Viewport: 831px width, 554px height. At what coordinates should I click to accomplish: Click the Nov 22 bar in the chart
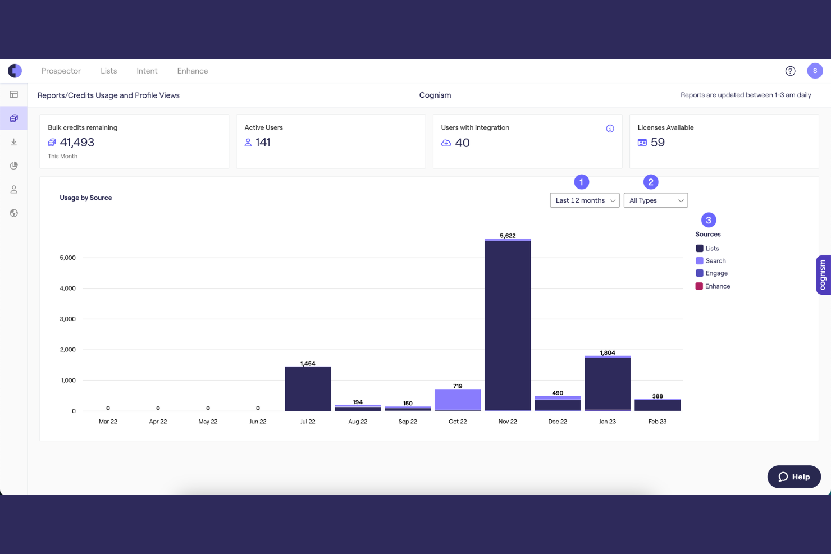[x=508, y=325]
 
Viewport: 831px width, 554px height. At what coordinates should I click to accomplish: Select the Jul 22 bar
[x=308, y=388]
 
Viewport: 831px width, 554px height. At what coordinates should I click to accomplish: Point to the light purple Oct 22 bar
[x=458, y=400]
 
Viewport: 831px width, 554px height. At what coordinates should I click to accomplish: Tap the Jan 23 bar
[x=608, y=383]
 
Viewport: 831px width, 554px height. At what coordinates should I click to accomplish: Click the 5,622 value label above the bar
[x=508, y=236]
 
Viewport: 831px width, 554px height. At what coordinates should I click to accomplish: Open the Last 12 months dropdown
[x=585, y=200]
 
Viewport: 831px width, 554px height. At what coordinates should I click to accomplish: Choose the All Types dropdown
[x=655, y=200]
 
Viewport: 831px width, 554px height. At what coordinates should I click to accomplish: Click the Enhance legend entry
[x=713, y=286]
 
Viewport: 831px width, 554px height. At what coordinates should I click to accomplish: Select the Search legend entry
[x=711, y=260]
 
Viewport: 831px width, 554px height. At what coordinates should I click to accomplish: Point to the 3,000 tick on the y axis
[x=67, y=319]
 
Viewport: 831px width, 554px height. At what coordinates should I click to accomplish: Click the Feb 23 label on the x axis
[x=658, y=421]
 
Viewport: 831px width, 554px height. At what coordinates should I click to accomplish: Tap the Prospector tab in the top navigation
[x=61, y=71]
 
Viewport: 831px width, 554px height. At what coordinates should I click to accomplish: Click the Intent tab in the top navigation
[x=147, y=71]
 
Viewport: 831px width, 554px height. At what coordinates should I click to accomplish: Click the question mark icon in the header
[x=790, y=71]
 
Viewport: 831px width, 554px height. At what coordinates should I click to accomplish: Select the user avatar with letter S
[x=815, y=71]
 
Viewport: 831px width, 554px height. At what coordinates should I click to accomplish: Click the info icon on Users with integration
[x=610, y=129]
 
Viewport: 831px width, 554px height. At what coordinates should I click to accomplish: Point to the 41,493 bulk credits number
[x=77, y=143]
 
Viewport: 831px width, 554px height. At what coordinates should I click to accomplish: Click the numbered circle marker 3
[x=708, y=220]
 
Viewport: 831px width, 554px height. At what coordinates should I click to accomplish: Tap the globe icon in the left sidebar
[x=13, y=213]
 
